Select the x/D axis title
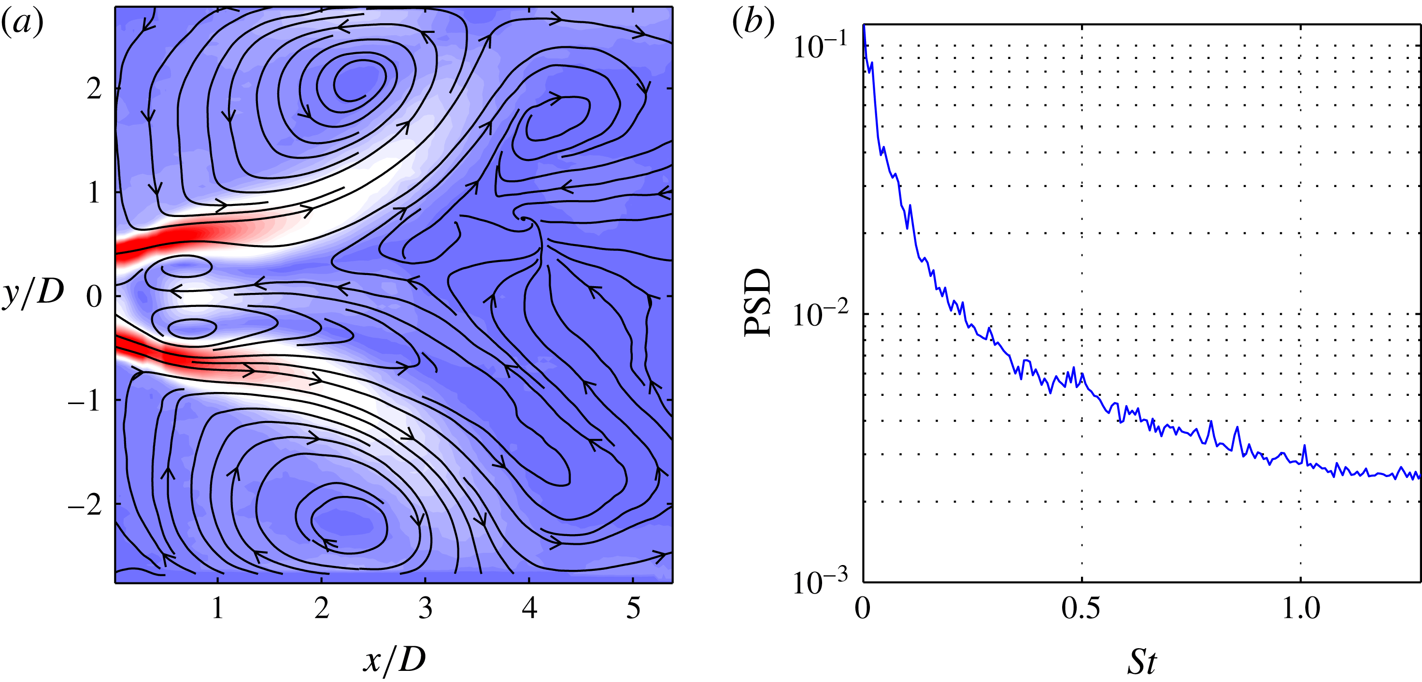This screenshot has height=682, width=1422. [394, 659]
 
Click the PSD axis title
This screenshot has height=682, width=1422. [757, 303]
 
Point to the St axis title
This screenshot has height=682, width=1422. [1140, 662]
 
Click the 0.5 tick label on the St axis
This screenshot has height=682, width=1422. [1081, 609]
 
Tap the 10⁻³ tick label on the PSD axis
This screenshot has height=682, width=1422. [820, 581]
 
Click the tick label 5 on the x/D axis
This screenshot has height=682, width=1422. [633, 608]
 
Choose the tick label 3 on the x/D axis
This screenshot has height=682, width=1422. [425, 608]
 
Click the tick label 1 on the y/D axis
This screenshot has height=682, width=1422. [94, 192]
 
